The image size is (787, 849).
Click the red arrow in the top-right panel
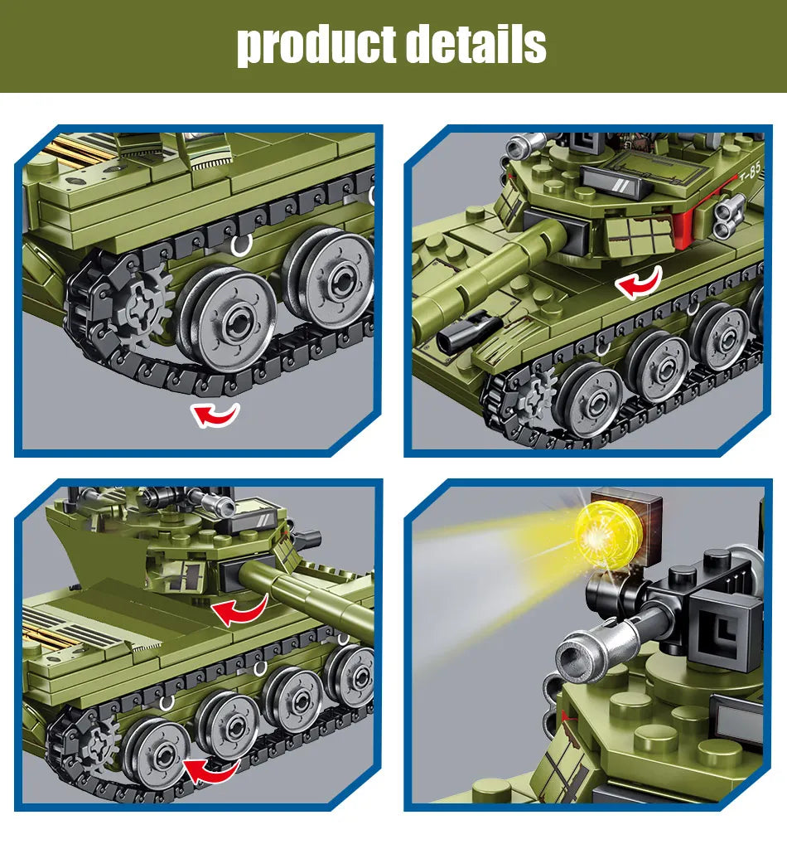(x=638, y=282)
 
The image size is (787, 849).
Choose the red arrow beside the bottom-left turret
(x=239, y=611)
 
